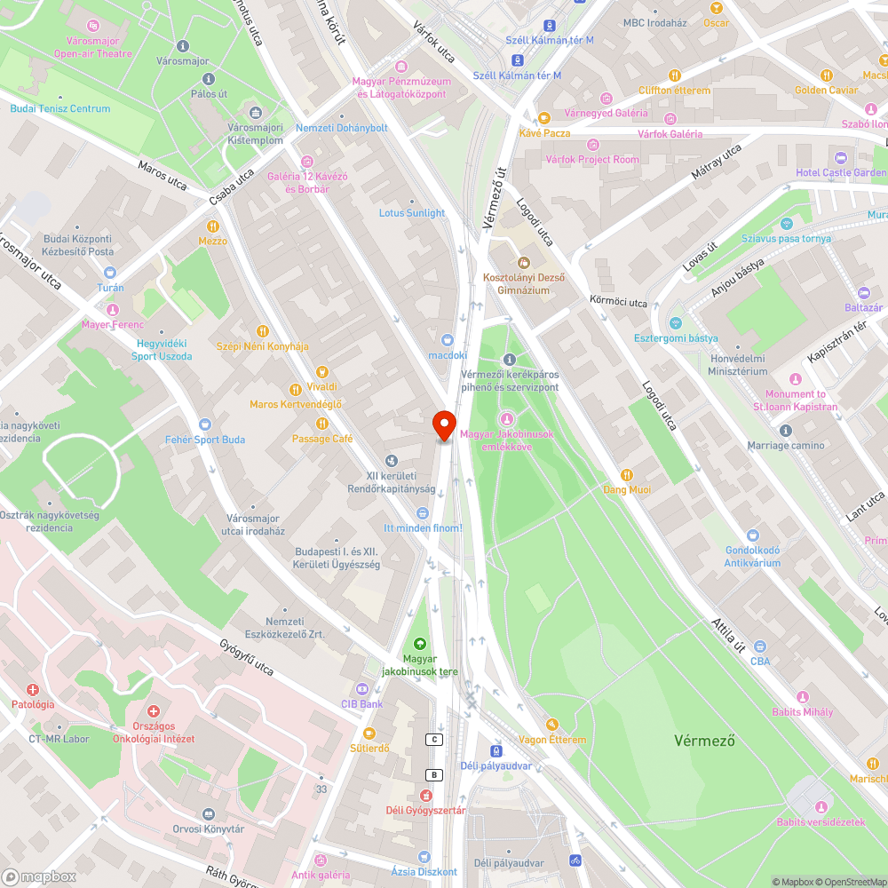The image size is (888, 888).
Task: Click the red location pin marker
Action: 444,424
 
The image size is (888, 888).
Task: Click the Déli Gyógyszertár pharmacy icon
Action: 425,796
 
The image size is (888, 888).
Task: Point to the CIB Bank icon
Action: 361,689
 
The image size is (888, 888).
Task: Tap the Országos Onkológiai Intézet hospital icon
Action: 154,712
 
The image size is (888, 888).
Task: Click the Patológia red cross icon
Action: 33,689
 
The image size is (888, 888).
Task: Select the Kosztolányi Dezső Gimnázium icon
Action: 523,263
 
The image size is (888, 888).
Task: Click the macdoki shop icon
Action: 448,339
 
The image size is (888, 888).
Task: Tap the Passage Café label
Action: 322,439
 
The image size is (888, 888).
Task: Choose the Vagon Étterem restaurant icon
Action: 551,725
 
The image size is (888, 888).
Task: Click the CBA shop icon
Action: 759,646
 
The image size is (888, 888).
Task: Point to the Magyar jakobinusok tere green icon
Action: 419,643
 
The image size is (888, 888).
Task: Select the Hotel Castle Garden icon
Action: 840,157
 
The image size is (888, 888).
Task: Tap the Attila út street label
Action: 727,634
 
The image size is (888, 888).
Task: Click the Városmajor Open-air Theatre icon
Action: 93,25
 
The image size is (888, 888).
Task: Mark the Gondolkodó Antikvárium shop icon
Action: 753,535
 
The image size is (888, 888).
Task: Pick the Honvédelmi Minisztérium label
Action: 737,365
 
